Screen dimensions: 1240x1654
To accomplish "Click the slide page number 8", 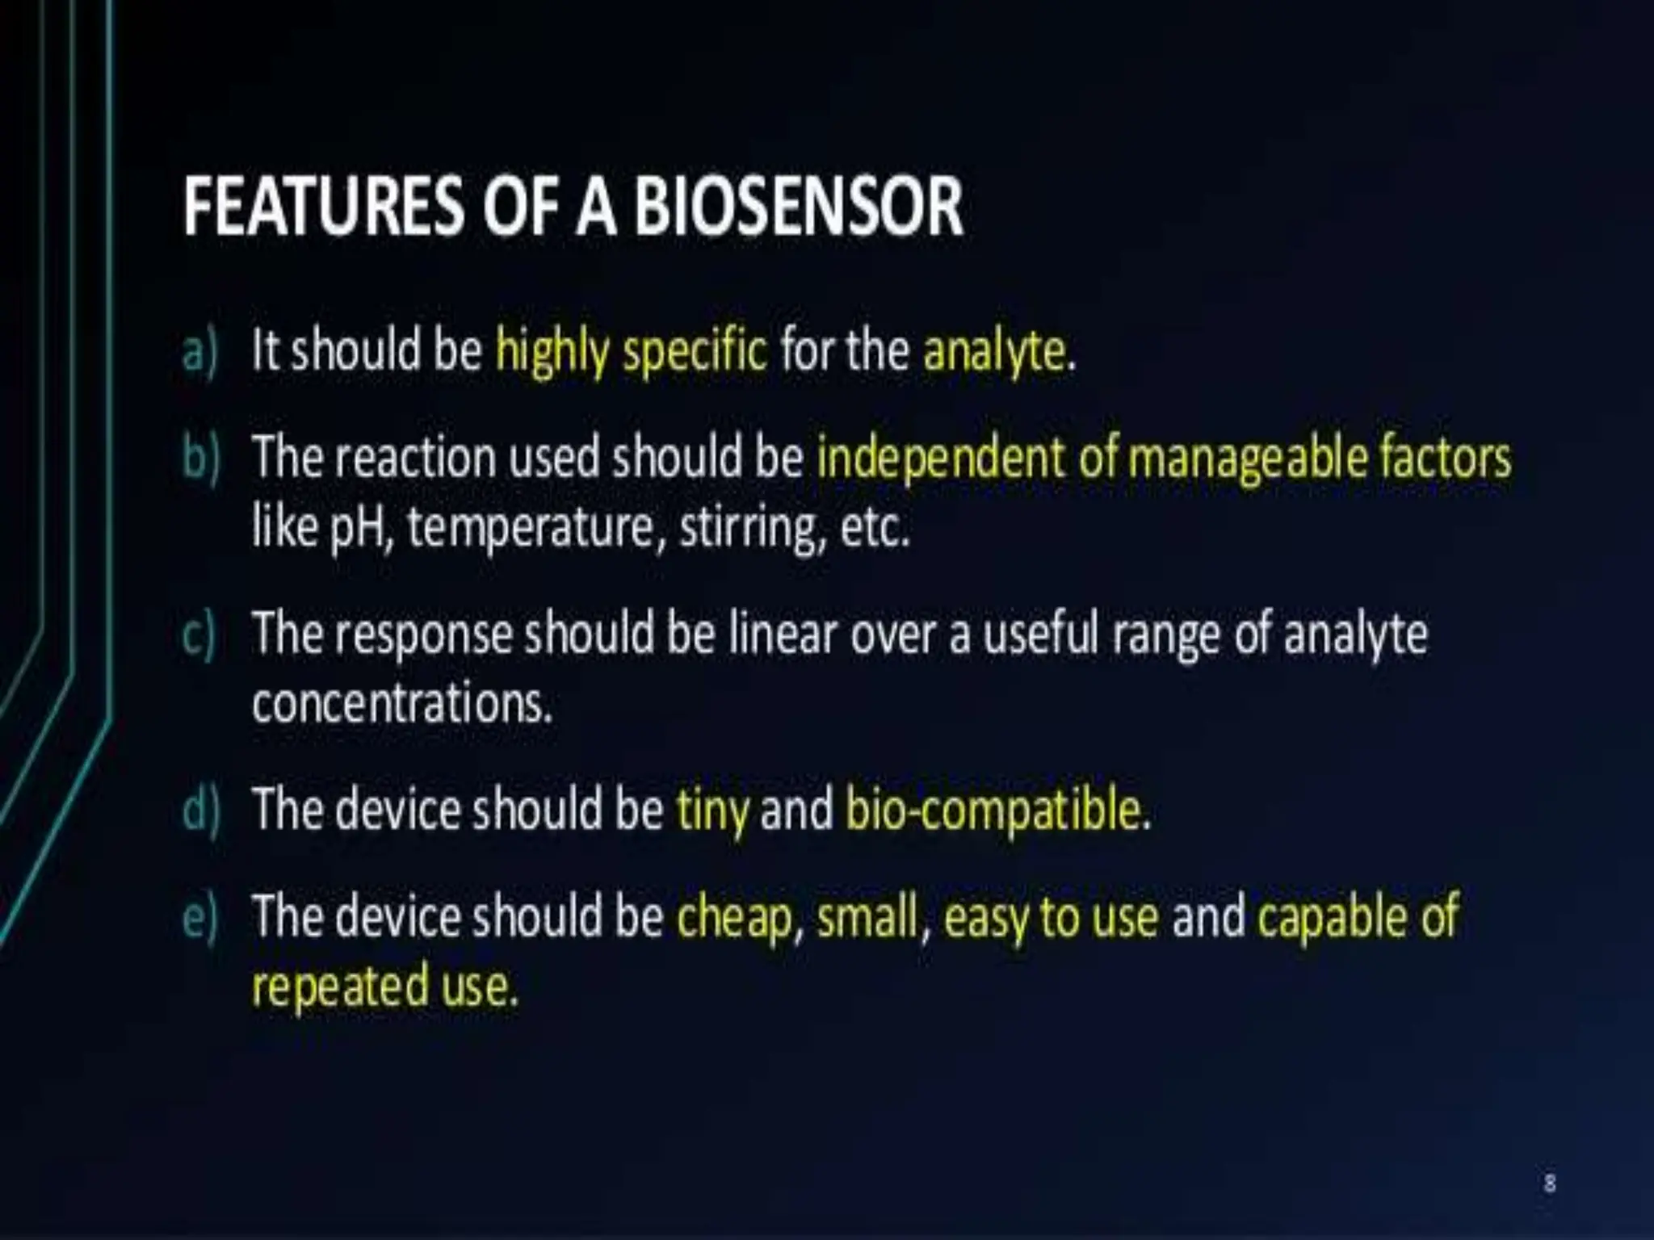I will [x=1549, y=1183].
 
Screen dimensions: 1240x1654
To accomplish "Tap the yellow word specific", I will [x=695, y=352].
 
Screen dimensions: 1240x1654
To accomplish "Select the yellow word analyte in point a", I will [x=994, y=352].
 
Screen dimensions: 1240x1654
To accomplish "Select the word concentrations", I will [x=401, y=704].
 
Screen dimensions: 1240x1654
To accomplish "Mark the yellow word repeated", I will [x=340, y=987].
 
